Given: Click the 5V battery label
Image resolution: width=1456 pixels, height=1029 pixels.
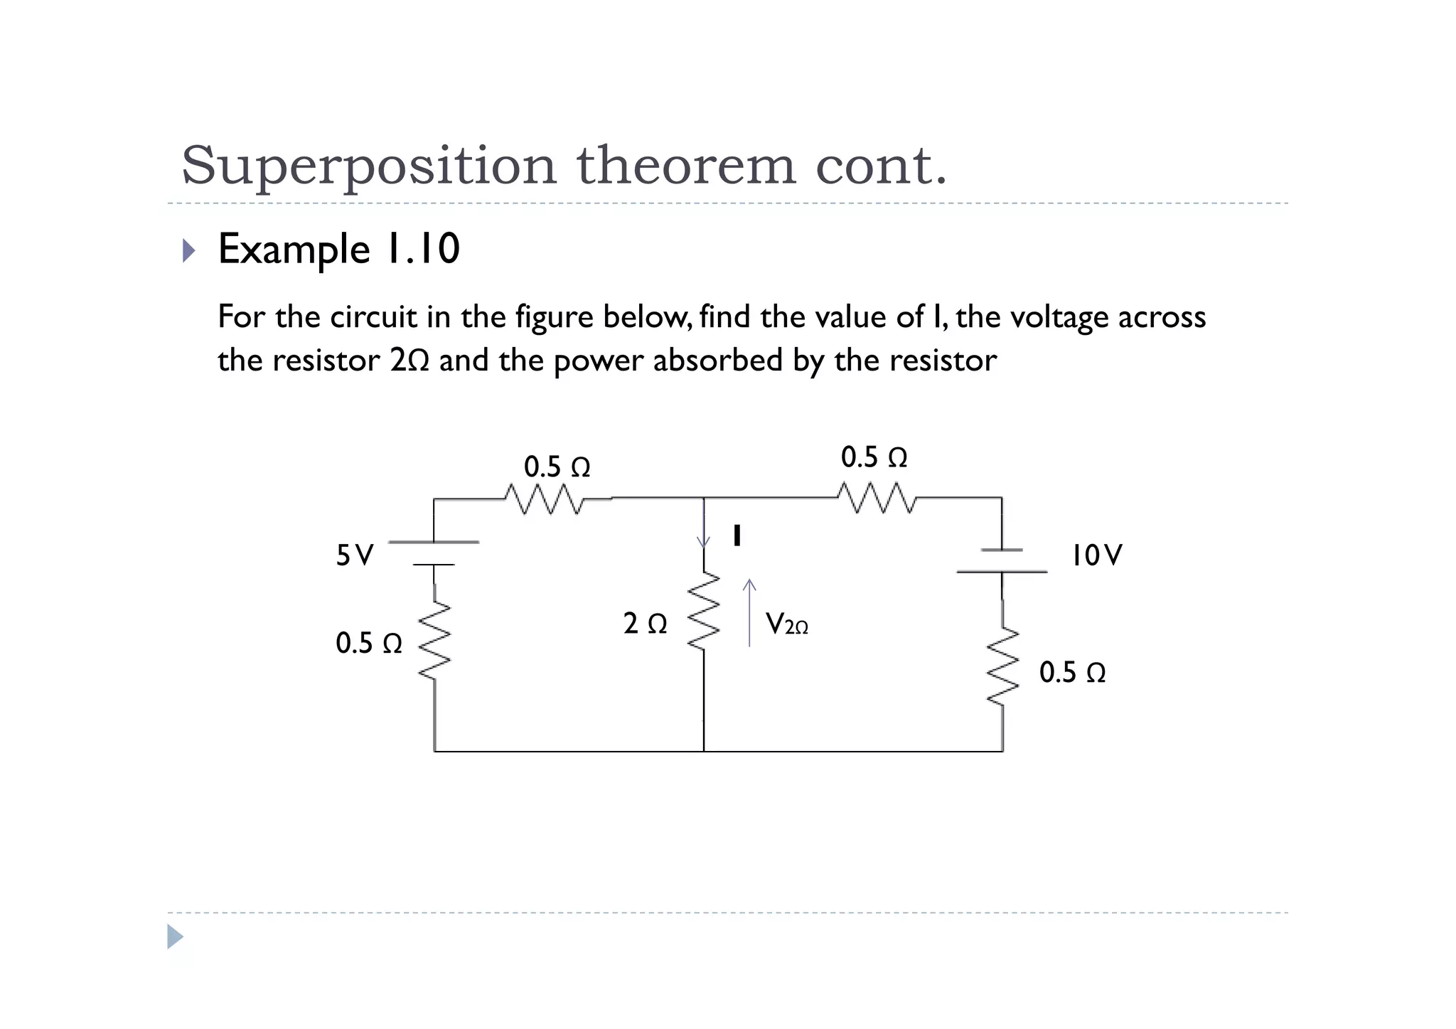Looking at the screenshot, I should click(x=354, y=555).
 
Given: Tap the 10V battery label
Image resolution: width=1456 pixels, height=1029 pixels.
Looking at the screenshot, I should click(x=1096, y=555).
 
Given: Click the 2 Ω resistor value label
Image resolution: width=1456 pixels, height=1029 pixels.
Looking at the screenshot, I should click(x=645, y=624).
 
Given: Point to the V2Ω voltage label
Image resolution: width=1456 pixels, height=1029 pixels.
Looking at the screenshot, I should click(x=786, y=625).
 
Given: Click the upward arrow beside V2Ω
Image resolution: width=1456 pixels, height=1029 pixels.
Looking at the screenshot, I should click(x=749, y=612).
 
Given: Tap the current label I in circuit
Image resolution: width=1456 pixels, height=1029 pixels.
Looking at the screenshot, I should click(x=737, y=536).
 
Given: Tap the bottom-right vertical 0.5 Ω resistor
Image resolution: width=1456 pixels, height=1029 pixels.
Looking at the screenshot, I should click(x=1002, y=667).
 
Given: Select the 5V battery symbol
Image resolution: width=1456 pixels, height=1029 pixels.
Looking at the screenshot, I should click(x=434, y=553).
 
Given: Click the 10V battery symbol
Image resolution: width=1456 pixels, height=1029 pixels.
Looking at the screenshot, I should click(x=1002, y=561).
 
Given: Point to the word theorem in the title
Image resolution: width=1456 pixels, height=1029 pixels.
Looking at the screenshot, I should click(x=685, y=166).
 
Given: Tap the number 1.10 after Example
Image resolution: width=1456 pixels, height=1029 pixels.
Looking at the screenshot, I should click(x=422, y=250).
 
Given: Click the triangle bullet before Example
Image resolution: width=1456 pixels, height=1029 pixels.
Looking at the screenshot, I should click(x=188, y=250).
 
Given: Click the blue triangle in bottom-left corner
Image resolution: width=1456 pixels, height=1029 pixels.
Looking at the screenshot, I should click(x=175, y=937).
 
